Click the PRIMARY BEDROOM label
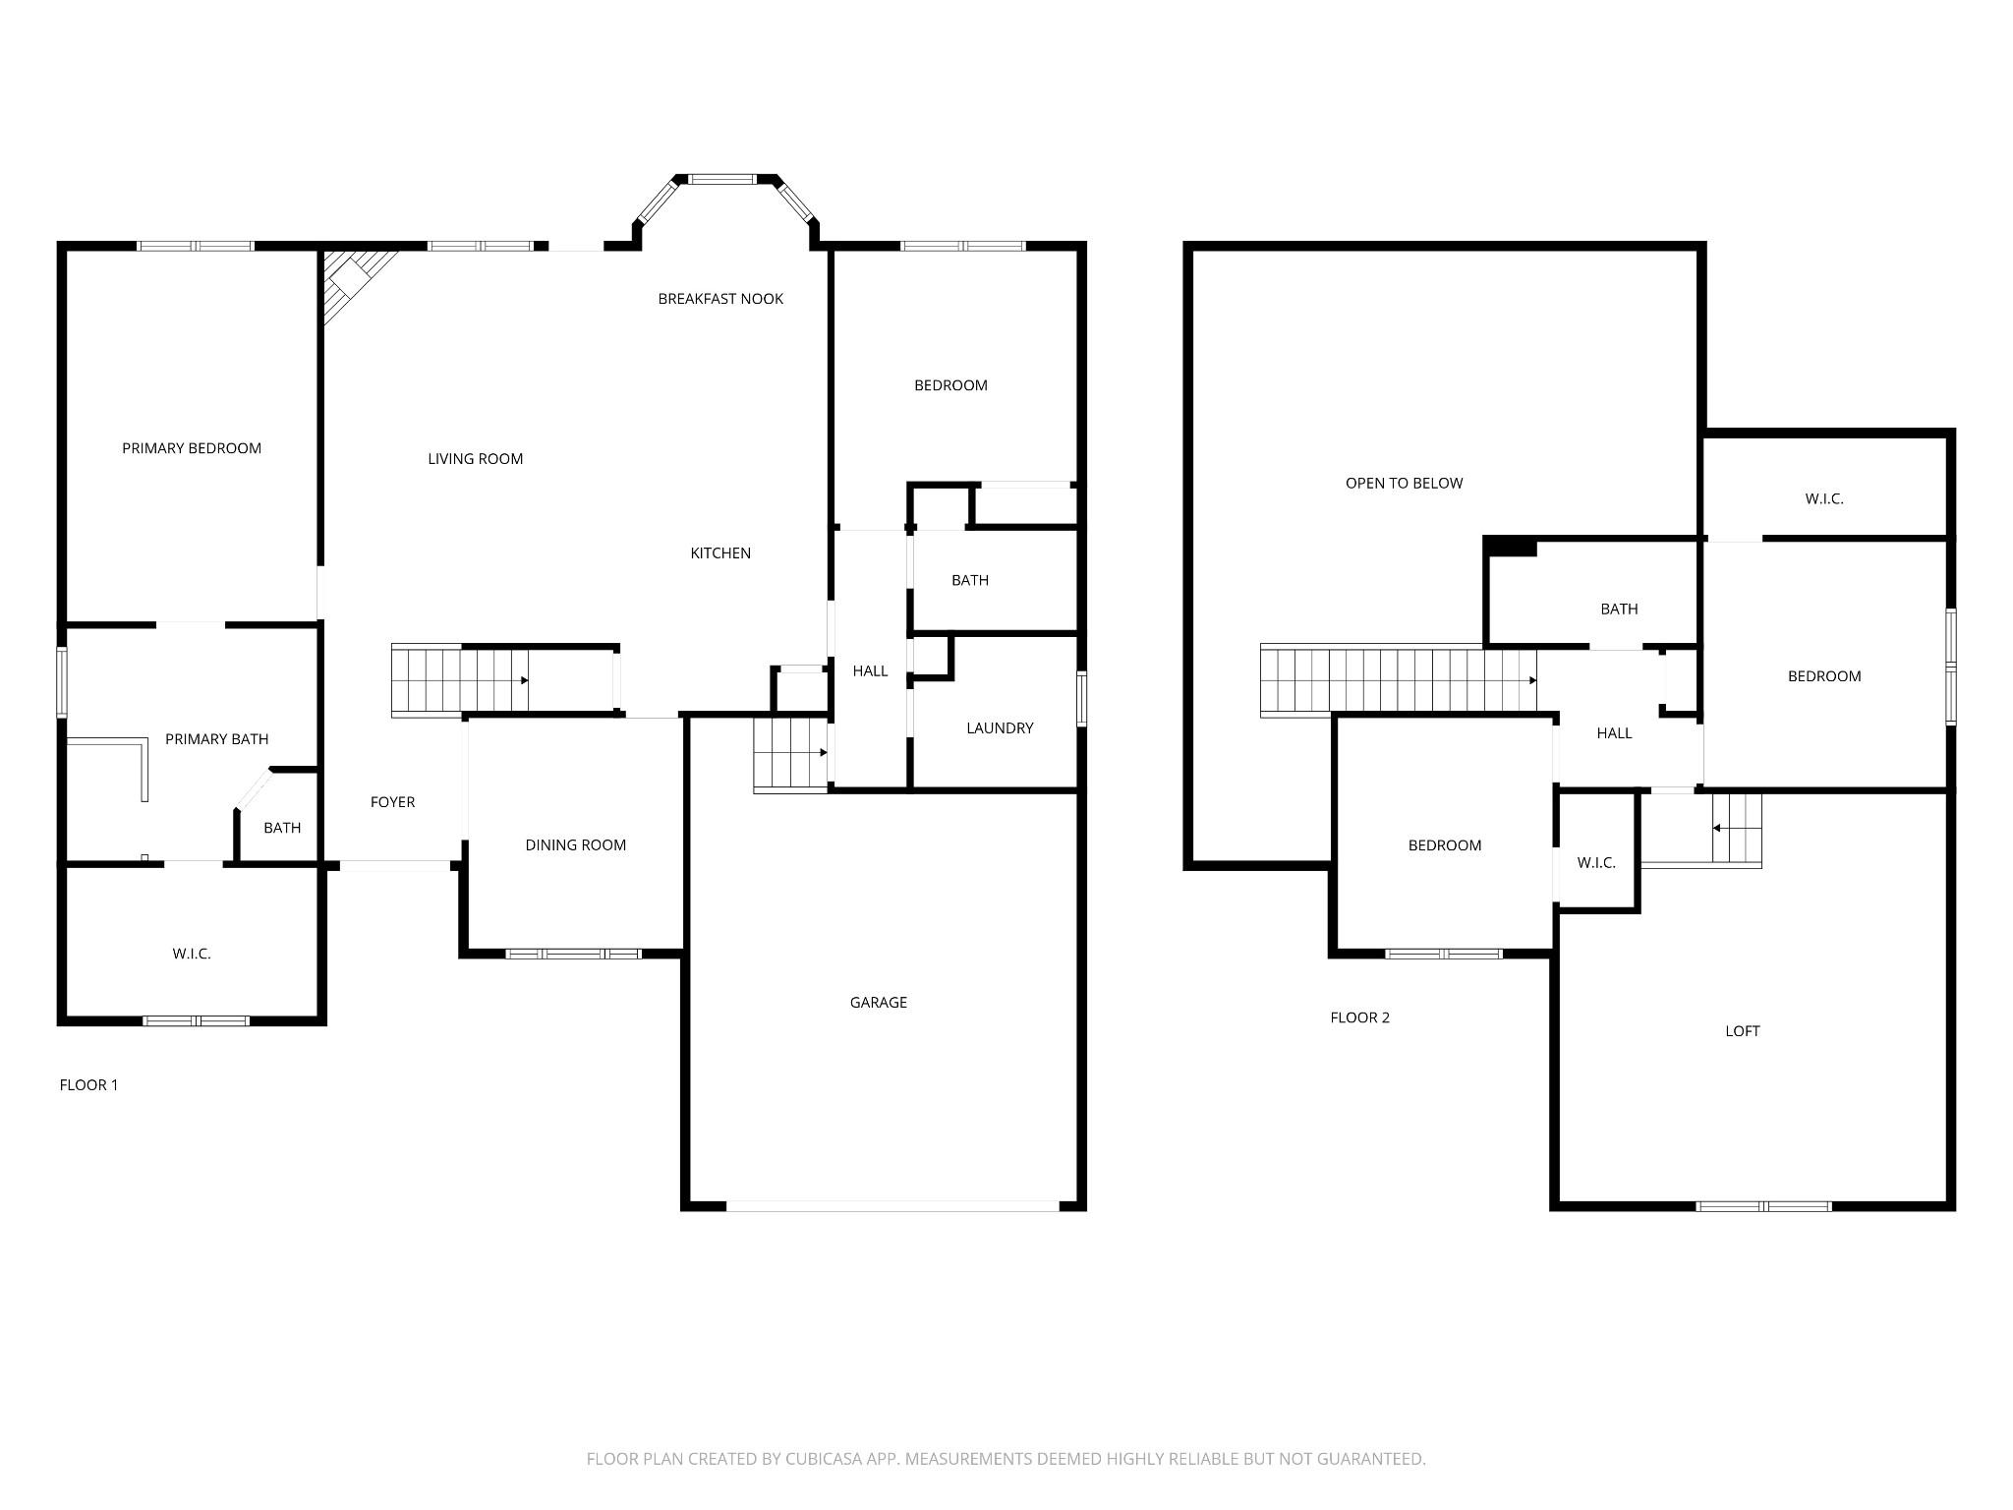[192, 448]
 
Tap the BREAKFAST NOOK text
[720, 299]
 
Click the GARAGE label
[879, 1003]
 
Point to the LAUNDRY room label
[1000, 728]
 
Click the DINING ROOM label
[576, 845]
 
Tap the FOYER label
[393, 802]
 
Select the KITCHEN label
[720, 553]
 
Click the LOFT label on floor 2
[1743, 1031]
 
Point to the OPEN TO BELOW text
[1405, 484]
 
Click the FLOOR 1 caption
[88, 1085]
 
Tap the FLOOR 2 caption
[1360, 1017]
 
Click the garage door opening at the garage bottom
[893, 1205]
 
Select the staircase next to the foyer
[460, 679]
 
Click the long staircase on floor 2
[1399, 680]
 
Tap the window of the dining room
[573, 954]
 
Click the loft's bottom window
[1763, 1206]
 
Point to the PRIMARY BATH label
[217, 739]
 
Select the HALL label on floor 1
[871, 671]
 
